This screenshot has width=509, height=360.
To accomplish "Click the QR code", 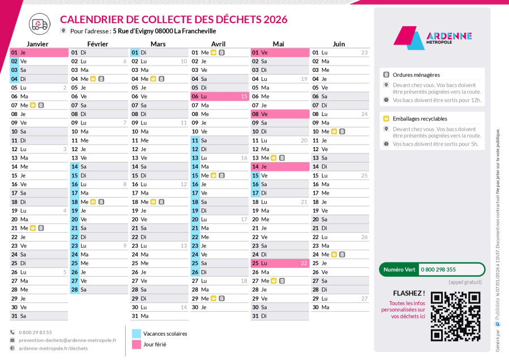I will tap(455, 316).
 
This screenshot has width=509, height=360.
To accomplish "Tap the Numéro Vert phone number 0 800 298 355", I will tap(438, 269).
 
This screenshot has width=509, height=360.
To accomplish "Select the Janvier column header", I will tap(37, 44).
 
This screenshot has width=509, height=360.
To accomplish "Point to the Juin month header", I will tap(339, 44).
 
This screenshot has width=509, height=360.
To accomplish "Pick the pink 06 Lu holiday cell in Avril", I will tap(220, 96).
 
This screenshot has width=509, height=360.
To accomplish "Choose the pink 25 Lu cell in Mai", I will tap(280, 263).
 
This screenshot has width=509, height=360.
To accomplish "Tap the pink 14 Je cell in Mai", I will tap(280, 166).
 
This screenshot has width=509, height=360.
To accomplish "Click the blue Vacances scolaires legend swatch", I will tap(136, 333).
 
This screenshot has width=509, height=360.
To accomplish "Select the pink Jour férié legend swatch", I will tap(136, 344).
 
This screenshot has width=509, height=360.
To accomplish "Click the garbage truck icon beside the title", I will tap(39, 23).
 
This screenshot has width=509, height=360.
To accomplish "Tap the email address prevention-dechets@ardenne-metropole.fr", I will tap(67, 340).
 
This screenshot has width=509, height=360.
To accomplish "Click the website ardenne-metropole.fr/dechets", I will tap(53, 349).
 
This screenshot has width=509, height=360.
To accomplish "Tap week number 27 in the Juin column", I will tap(364, 298).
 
